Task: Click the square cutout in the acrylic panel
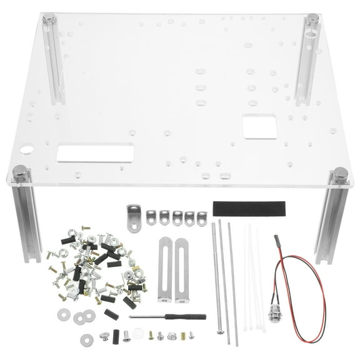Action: tap(259, 126)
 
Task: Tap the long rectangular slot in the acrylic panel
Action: tap(95, 153)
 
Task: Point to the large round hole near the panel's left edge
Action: tap(27, 150)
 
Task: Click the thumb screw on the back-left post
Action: tap(49, 19)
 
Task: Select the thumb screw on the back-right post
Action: tap(312, 19)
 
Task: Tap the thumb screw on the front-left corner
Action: tap(20, 171)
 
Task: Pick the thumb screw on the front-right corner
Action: tap(341, 173)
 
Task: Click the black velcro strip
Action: tap(249, 209)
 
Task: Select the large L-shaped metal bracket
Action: tap(133, 218)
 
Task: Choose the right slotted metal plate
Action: tap(181, 269)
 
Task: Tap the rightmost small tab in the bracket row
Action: tap(201, 217)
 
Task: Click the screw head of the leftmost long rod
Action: tap(220, 331)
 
